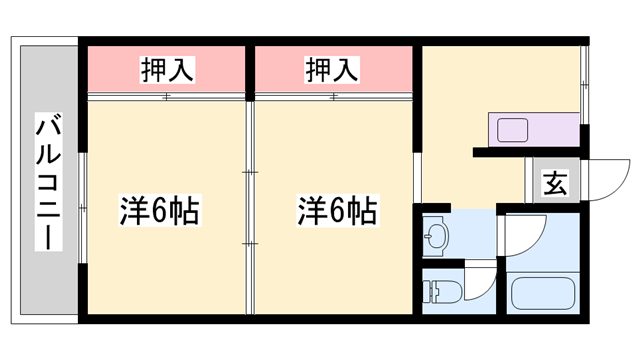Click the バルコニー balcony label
pyautogui.click(x=47, y=183)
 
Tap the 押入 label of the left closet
pyautogui.click(x=166, y=69)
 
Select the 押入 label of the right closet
pyautogui.click(x=330, y=69)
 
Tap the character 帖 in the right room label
pyautogui.click(x=365, y=212)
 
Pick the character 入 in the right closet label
pyautogui.click(x=343, y=69)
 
